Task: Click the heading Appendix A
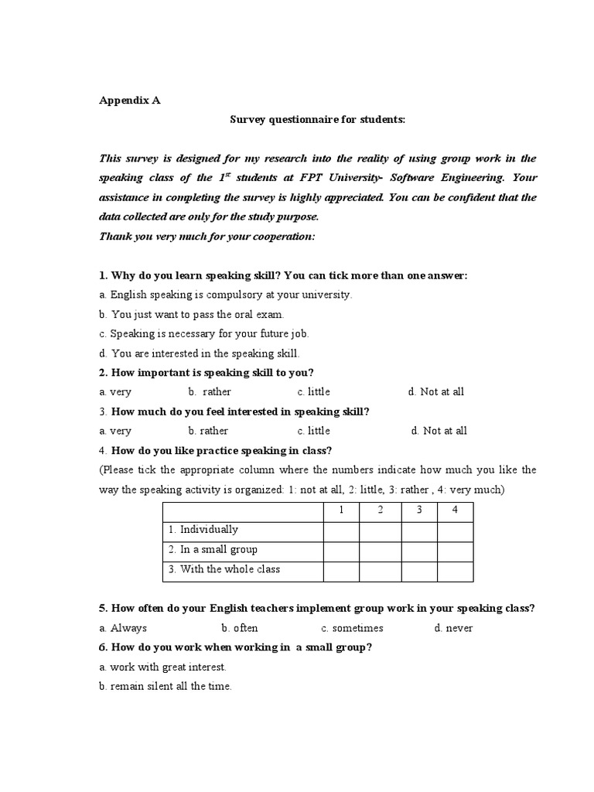tap(129, 100)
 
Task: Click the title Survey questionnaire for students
tap(317, 120)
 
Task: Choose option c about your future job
tap(204, 334)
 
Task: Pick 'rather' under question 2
tap(210, 392)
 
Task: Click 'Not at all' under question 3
tap(439, 431)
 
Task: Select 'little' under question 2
tap(313, 392)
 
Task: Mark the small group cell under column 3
tap(418, 551)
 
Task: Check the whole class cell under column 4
tap(455, 571)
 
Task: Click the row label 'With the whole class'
tap(224, 570)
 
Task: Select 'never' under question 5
tap(453, 628)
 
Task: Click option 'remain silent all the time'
tap(166, 686)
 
